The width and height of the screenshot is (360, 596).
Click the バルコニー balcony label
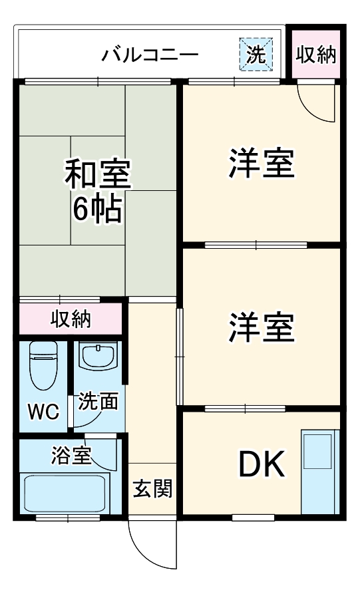point(150,55)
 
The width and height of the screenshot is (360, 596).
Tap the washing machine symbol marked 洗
point(256,54)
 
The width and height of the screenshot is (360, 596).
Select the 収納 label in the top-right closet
point(316,55)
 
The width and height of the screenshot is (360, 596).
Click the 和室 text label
point(98,174)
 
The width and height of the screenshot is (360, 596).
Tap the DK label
point(262,465)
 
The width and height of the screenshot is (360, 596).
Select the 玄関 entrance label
point(152,489)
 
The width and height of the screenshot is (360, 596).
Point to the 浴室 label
point(71,457)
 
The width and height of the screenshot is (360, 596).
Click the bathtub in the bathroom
point(65,494)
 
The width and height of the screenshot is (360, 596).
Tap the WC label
point(43,410)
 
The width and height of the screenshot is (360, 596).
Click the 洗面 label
point(98,401)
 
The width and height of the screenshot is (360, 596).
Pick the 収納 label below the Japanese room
point(71,320)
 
